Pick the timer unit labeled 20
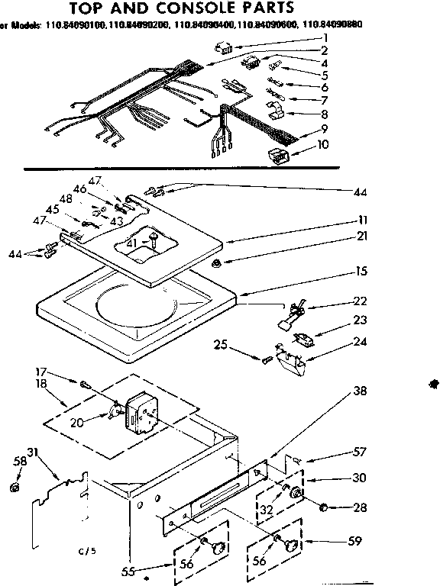(x=144, y=408)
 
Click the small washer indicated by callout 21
(x=218, y=263)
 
